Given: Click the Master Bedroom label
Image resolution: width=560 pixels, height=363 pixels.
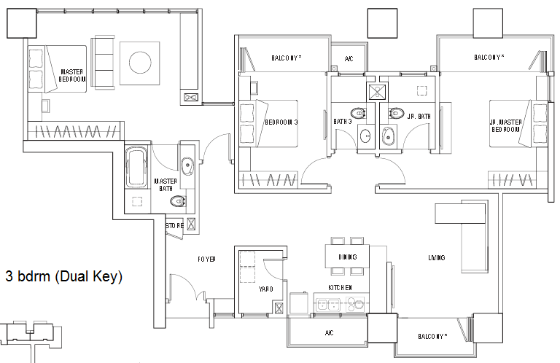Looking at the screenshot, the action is click(x=72, y=76).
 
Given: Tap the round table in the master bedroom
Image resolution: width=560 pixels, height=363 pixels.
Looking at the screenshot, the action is click(x=140, y=63).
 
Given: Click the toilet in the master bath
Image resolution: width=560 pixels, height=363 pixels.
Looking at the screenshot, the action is click(x=177, y=202).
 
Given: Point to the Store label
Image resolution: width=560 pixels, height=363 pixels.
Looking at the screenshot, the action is click(x=175, y=225).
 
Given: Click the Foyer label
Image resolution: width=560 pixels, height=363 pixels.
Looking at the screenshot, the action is click(x=206, y=259).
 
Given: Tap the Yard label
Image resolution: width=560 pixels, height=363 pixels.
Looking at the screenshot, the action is click(x=265, y=289).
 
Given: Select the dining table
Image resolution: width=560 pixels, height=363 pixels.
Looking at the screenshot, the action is click(x=347, y=257).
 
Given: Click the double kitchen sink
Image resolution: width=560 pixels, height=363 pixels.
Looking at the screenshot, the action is click(x=328, y=305).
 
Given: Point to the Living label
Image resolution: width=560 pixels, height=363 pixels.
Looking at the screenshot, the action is click(x=437, y=257).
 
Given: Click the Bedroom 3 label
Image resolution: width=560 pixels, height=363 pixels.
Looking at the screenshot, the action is click(x=281, y=122).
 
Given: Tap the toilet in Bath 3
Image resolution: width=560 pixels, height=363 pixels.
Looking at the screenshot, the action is click(x=358, y=113).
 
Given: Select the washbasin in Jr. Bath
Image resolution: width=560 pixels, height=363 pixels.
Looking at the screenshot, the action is click(x=388, y=136).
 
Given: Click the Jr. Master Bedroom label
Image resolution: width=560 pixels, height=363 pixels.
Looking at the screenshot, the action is click(x=505, y=125).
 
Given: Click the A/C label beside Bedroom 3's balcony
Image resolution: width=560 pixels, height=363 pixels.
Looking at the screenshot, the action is click(x=349, y=58).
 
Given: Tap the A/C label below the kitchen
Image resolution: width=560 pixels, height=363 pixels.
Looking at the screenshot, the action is click(x=330, y=332).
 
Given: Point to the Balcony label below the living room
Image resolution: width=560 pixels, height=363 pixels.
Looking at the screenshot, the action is click(x=432, y=336).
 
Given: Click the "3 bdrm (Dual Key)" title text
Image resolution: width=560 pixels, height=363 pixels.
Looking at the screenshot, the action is click(x=64, y=276).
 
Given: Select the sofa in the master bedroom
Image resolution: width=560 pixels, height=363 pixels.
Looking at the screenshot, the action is click(x=104, y=62).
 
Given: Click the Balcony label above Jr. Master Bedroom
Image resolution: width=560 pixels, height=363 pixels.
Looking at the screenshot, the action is click(x=489, y=57).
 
